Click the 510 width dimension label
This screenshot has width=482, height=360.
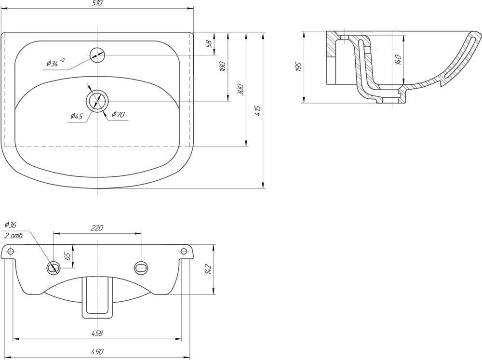(x=97, y=3)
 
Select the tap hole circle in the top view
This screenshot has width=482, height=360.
(x=97, y=55)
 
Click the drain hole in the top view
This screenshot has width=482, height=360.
(x=97, y=101)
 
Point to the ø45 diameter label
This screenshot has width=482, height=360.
(x=77, y=116)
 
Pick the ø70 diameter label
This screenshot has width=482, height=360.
(x=118, y=114)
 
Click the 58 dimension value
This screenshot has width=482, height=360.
(x=209, y=44)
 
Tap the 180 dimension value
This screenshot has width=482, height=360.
(x=223, y=67)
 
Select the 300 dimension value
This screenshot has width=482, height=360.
(x=241, y=90)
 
